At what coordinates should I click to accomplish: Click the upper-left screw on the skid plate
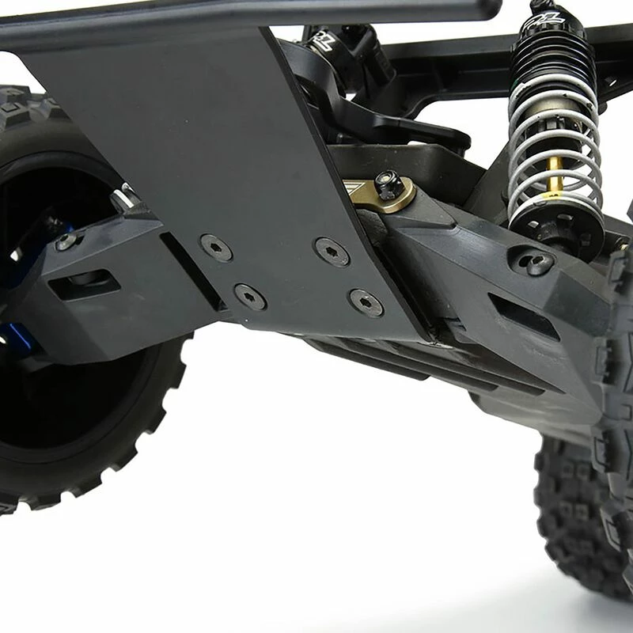[x=215, y=248]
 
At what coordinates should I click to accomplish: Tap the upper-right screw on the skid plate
[x=331, y=251]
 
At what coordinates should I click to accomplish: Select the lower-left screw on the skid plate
[x=249, y=297]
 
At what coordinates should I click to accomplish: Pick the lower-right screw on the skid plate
[x=366, y=302]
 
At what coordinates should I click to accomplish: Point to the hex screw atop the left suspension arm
[x=66, y=241]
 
